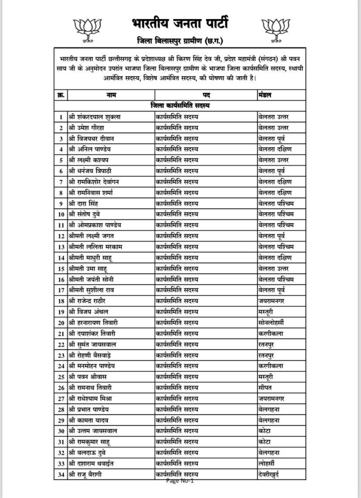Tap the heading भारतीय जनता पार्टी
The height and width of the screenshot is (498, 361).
pos(180,23)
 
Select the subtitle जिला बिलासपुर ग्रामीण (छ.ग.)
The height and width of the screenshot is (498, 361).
pos(180,41)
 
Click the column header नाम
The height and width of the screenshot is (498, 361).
pos(111,95)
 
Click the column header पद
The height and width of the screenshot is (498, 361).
pos(206,95)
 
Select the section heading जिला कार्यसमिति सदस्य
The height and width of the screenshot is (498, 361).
pos(180,106)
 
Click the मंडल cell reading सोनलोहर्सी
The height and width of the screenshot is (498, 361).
pos(271,322)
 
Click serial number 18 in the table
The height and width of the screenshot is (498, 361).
pos(61,300)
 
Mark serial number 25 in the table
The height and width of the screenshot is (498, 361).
pos(61,376)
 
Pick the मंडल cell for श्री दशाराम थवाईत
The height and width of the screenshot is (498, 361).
pos(266,463)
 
